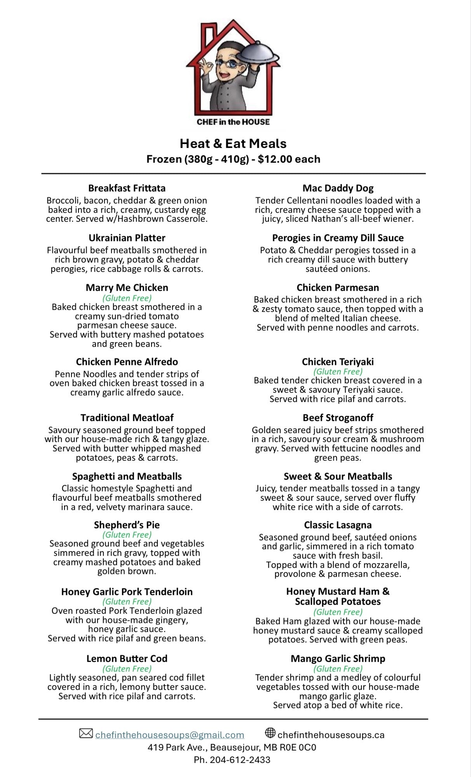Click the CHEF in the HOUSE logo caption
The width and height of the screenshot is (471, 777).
tap(233, 122)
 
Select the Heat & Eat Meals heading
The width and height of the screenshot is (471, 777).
tap(233, 144)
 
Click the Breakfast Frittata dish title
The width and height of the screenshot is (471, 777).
tap(127, 188)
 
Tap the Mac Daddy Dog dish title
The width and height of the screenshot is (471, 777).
tap(338, 188)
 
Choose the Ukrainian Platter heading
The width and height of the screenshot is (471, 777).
tap(127, 238)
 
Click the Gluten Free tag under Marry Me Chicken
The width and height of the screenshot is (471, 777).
tap(127, 298)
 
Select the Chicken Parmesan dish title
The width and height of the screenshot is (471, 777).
tap(338, 287)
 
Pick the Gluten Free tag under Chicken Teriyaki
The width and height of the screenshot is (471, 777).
tap(338, 371)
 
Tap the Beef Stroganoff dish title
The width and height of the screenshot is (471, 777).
tap(338, 418)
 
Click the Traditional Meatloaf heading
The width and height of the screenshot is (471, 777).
tap(127, 418)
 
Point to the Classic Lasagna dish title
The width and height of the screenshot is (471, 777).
tap(338, 525)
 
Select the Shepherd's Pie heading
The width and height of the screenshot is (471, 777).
tap(127, 525)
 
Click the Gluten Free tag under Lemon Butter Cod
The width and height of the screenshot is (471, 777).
tap(127, 669)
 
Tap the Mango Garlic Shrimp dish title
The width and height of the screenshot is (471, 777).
tap(338, 659)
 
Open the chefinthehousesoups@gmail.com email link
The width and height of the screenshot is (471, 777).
tap(169, 735)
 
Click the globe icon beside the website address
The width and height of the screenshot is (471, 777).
tap(270, 733)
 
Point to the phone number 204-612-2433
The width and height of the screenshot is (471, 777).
tap(240, 760)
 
